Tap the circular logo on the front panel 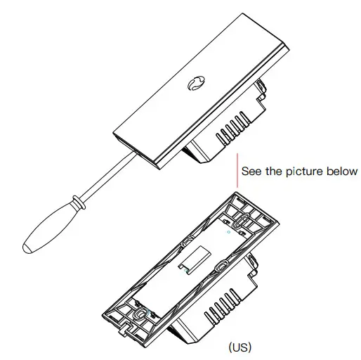click(x=194, y=84)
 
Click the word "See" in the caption click(x=251, y=171)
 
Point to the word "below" click(x=341, y=171)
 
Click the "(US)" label click(x=239, y=347)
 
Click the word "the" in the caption click(x=274, y=171)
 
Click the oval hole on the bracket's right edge click(x=223, y=266)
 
